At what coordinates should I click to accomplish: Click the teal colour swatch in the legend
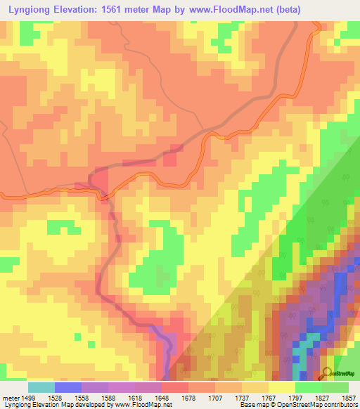point(41,387)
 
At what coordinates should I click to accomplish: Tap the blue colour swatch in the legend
point(68,387)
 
